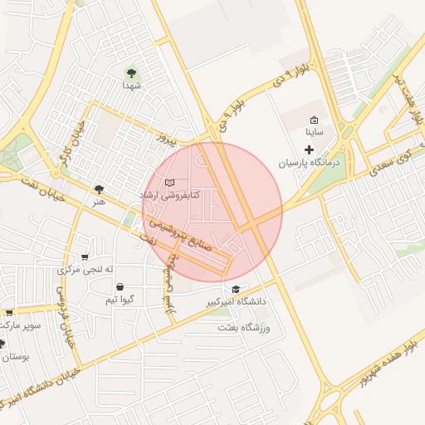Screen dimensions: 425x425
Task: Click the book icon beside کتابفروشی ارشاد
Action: [x=170, y=182]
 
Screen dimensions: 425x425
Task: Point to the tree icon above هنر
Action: [x=100, y=189]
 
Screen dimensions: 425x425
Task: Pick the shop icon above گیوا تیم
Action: [x=121, y=286]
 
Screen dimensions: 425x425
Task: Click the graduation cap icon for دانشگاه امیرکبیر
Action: [x=237, y=290]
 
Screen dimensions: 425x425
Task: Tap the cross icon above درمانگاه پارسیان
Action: [x=310, y=150]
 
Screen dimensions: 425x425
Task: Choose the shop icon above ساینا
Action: [x=314, y=120]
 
